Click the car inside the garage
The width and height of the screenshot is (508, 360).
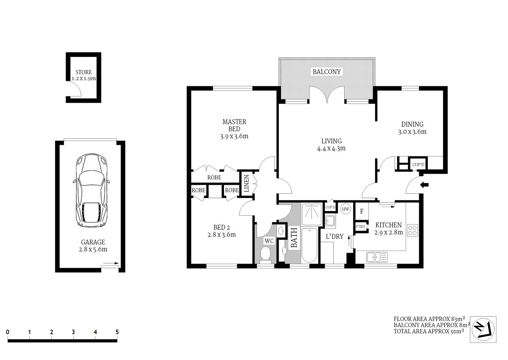click(91, 191)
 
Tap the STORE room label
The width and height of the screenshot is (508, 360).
click(84, 72)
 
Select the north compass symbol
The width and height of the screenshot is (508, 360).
click(483, 329)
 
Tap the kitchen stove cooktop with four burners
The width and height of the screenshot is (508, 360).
click(412, 230)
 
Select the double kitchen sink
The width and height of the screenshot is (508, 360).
click(377, 257)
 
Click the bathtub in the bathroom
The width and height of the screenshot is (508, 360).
click(309, 246)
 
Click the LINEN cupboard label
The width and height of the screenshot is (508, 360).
click(246, 184)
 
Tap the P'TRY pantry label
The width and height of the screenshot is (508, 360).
click(360, 226)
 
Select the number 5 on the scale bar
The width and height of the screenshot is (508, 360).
click(117, 332)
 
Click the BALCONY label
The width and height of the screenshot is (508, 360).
click(327, 72)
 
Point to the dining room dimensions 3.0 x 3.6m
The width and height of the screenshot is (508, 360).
click(412, 132)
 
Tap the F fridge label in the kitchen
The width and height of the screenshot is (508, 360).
click(362, 211)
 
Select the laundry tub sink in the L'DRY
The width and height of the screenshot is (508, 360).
click(330, 220)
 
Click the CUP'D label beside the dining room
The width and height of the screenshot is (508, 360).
click(418, 165)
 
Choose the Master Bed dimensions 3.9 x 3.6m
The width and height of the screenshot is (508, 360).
click(234, 136)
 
